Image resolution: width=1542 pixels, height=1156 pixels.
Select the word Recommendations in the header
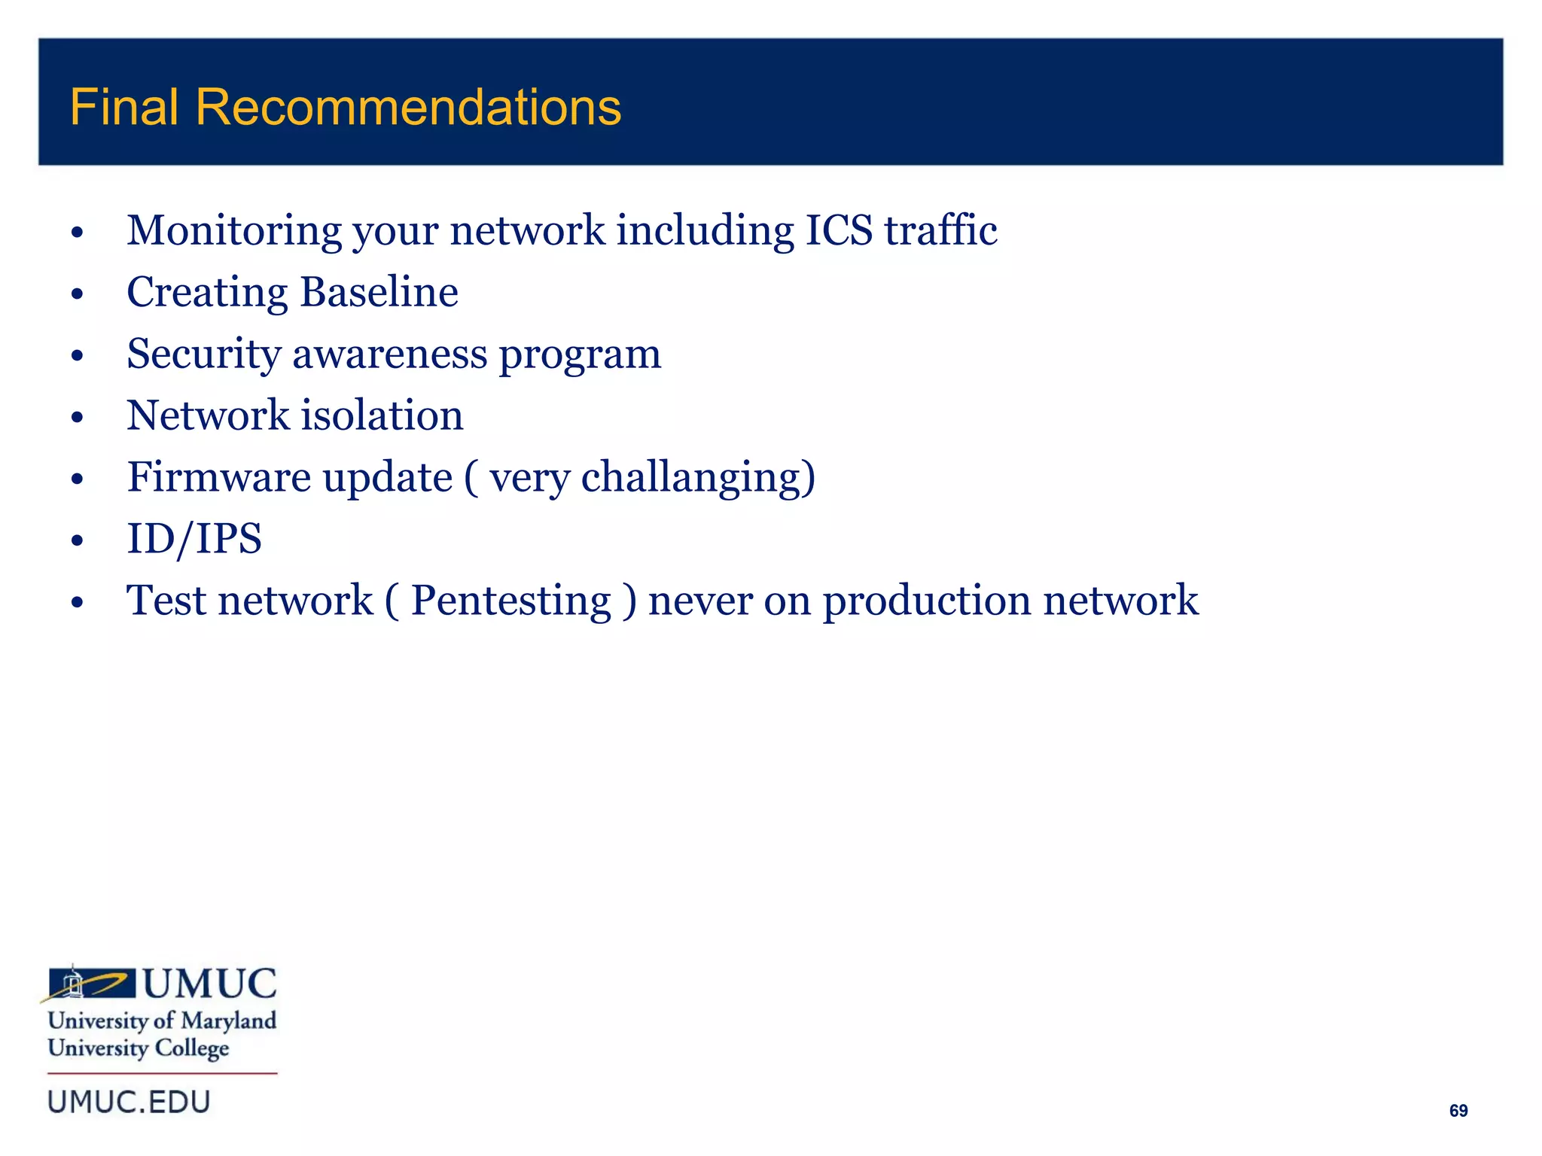(408, 107)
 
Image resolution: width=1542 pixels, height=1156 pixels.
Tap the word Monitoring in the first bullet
(233, 231)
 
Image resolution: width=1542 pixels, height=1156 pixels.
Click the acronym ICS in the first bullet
(838, 231)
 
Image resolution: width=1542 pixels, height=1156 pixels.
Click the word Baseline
(379, 293)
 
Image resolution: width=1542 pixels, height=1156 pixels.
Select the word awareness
(389, 354)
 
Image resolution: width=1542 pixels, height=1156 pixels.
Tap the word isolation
(382, 416)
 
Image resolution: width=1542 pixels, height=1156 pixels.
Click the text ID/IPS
(194, 540)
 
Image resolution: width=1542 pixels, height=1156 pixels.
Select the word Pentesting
(510, 601)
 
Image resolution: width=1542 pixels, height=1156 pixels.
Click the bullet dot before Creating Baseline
(77, 294)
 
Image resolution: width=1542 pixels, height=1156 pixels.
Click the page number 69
(1458, 1111)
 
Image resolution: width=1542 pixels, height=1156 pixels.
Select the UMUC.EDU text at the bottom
(129, 1103)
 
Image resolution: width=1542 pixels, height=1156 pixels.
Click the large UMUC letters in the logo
(209, 984)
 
